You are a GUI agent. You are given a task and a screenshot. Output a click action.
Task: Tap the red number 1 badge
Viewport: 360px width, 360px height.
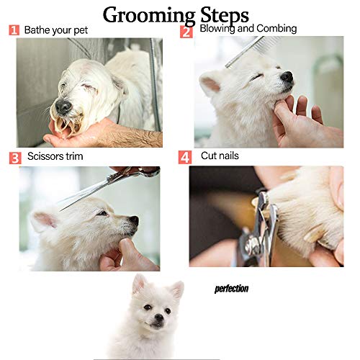(14, 31)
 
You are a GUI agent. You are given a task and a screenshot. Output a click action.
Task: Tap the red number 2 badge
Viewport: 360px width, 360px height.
(186, 32)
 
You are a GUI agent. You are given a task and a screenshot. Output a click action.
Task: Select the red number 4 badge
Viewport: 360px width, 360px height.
(185, 156)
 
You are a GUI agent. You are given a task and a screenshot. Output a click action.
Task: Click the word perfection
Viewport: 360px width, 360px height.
(231, 289)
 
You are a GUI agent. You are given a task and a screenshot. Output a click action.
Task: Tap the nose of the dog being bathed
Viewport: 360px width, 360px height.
(64, 107)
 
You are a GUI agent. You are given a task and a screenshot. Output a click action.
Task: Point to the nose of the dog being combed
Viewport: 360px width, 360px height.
(287, 76)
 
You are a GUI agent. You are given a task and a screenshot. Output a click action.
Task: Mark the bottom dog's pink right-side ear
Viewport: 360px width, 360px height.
(175, 289)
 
